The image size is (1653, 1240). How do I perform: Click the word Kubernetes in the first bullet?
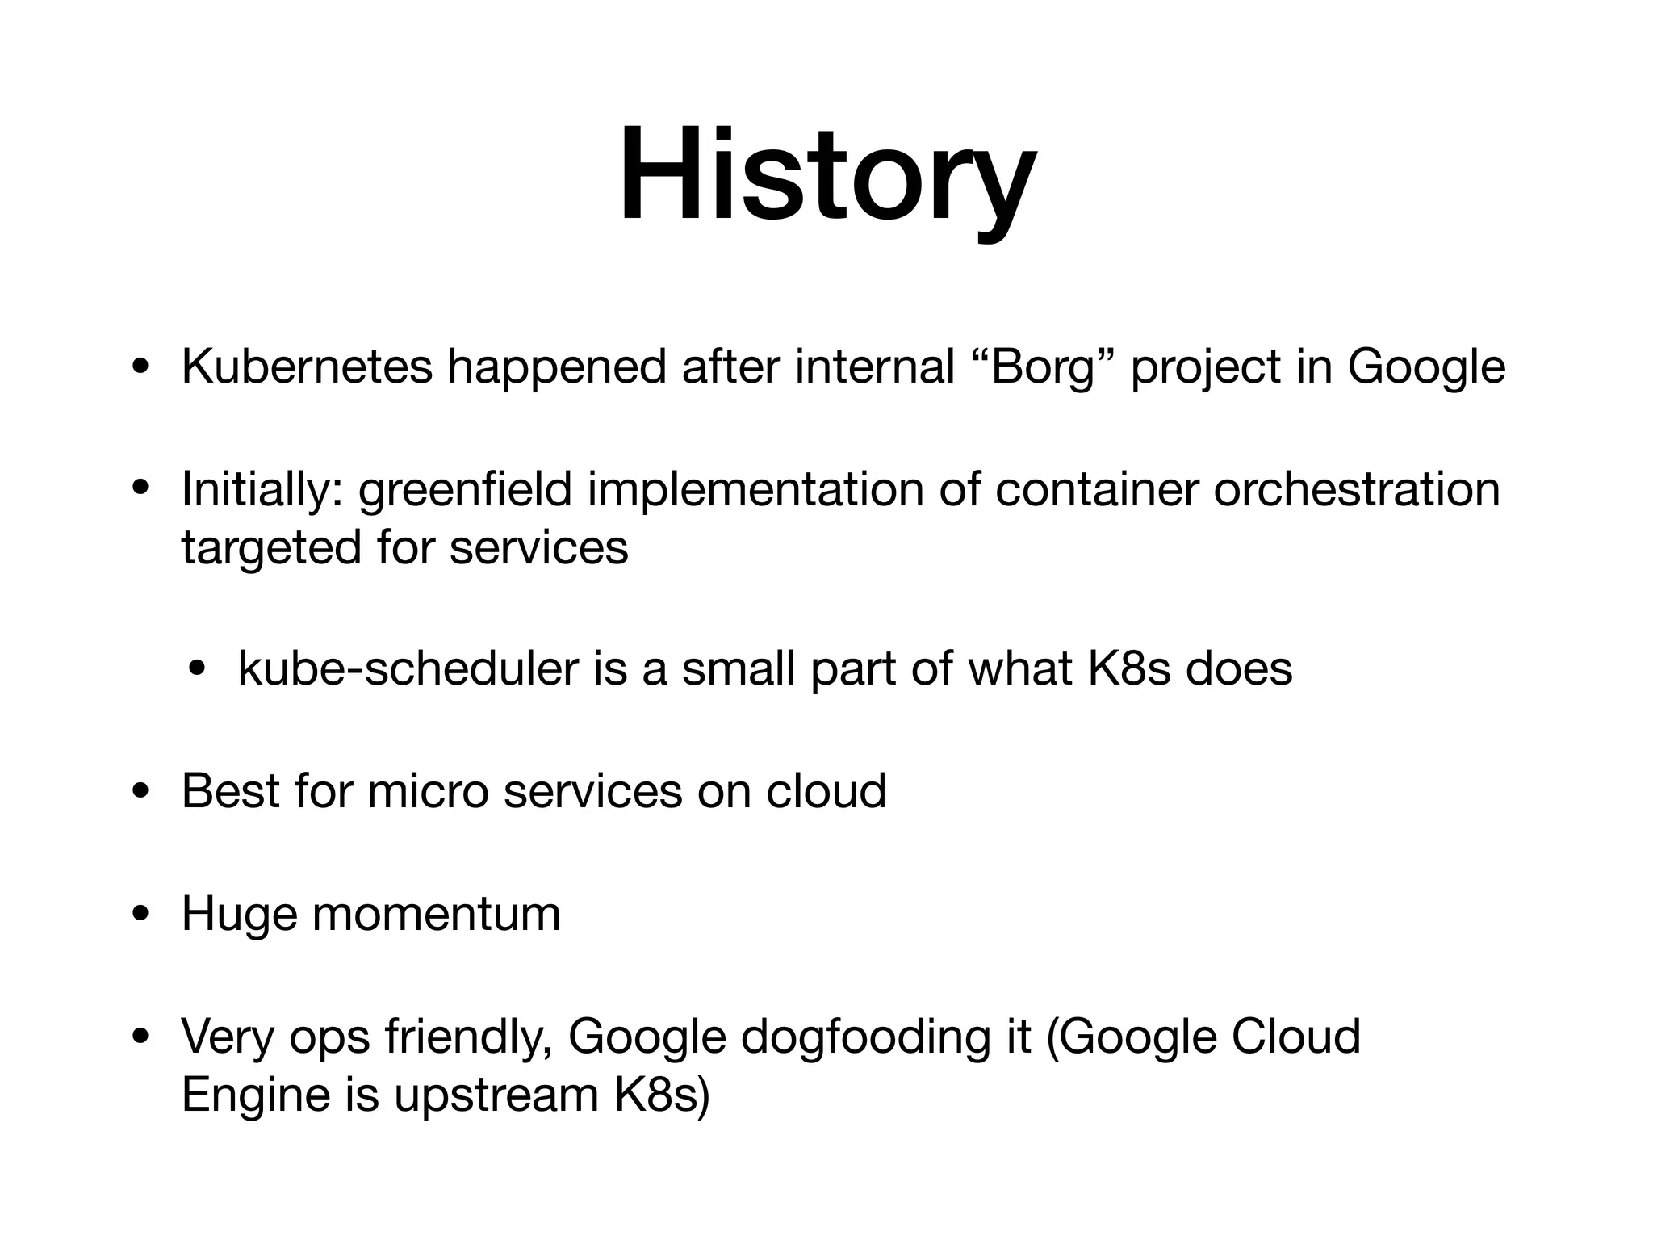[x=307, y=367]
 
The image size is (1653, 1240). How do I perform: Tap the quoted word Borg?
[x=1041, y=369]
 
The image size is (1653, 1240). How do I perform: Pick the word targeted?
[x=270, y=549]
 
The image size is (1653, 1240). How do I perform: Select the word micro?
[x=428, y=791]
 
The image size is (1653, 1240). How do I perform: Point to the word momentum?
[x=436, y=915]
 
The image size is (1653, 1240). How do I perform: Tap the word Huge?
[x=238, y=915]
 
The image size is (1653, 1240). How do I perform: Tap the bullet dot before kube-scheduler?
[x=197, y=670]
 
